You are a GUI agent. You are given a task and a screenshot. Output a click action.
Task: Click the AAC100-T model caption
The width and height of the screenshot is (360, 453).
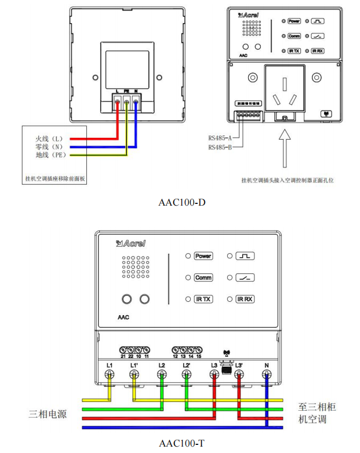pyautogui.click(x=182, y=444)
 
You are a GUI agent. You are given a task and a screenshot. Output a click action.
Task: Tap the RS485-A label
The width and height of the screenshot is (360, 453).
pyautogui.click(x=220, y=138)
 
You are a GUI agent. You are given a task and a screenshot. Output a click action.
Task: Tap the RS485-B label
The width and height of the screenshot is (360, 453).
pyautogui.click(x=220, y=148)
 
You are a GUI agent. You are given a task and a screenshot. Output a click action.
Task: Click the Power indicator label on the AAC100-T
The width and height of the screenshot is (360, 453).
pyautogui.click(x=203, y=256)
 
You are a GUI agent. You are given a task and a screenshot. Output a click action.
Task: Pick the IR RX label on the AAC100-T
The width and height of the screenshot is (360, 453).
pyautogui.click(x=245, y=299)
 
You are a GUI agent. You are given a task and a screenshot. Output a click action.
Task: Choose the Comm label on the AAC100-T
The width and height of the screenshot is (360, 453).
pyautogui.click(x=203, y=278)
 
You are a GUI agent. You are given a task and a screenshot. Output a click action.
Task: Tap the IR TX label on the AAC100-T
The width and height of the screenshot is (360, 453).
pyautogui.click(x=203, y=299)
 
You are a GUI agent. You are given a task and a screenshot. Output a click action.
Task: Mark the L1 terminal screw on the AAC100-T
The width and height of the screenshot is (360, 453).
pyautogui.click(x=109, y=375)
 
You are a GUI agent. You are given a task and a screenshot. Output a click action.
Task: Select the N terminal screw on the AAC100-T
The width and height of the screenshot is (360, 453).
pyautogui.click(x=267, y=375)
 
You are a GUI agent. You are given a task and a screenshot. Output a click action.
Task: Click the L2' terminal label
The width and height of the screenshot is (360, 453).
pyautogui.click(x=186, y=366)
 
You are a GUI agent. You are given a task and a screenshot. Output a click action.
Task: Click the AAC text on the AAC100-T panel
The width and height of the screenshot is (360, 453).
pyautogui.click(x=123, y=317)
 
